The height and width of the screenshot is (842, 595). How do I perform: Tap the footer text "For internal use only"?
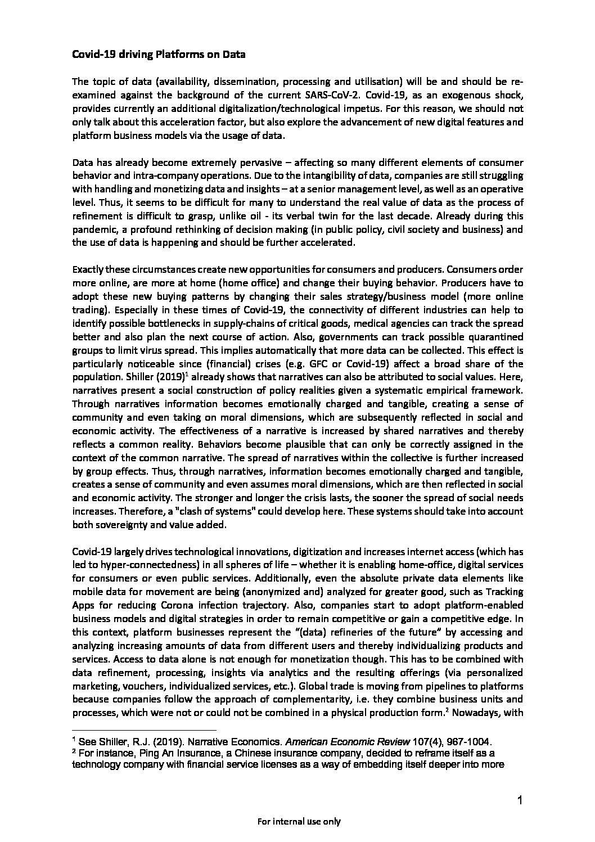coord(299,821)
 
